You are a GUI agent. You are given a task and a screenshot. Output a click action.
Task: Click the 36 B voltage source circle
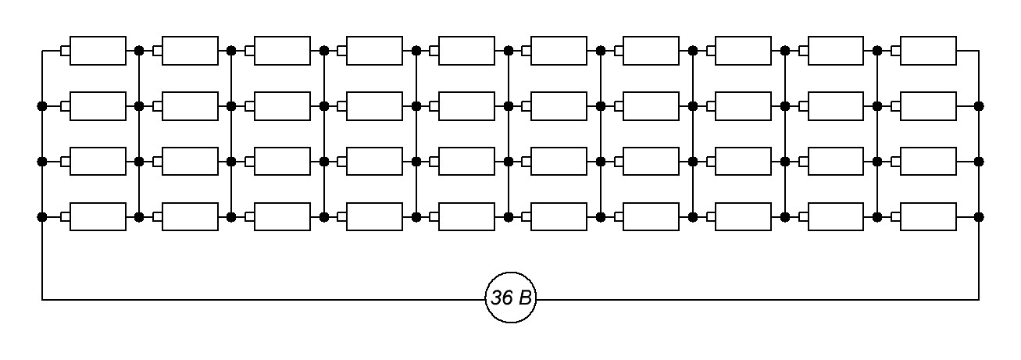[x=511, y=298]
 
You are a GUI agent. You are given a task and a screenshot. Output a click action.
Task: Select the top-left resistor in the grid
[x=98, y=51]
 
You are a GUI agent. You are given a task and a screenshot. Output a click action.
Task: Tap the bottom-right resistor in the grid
[x=928, y=216]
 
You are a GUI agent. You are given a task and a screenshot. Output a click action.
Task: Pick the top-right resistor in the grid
[x=928, y=51]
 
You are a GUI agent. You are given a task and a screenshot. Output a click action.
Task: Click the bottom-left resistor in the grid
[x=98, y=216]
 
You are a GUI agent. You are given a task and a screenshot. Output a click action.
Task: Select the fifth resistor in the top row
[x=466, y=51]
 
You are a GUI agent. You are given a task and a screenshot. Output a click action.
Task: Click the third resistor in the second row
[x=282, y=105]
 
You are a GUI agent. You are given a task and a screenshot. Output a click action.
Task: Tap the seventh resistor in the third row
[x=651, y=161]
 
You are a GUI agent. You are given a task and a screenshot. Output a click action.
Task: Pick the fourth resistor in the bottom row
[x=374, y=216]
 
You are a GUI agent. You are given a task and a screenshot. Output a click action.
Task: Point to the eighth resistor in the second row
[x=743, y=105]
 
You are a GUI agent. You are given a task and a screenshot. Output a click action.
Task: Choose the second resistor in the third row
[x=190, y=161]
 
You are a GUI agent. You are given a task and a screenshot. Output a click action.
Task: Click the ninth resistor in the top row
[x=835, y=51]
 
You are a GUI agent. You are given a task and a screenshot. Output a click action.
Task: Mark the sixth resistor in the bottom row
[x=559, y=216]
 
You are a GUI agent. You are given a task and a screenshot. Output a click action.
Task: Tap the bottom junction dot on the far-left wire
[x=42, y=216]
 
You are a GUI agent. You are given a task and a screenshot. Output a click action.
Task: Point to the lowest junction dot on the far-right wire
[x=978, y=216]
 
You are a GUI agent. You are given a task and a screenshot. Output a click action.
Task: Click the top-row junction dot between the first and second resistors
[x=139, y=51]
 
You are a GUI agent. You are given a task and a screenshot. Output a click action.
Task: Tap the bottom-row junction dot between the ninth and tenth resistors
[x=876, y=216]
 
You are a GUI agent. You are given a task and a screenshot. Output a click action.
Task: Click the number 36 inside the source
[x=501, y=298]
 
